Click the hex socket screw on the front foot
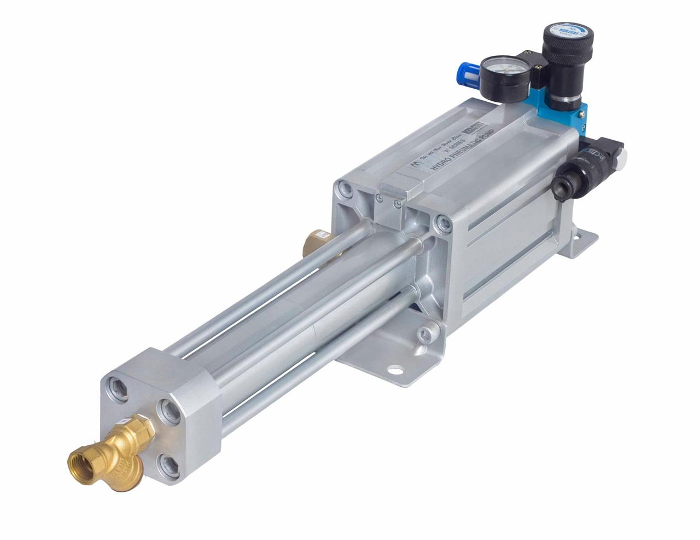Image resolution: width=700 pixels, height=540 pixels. (x=424, y=335)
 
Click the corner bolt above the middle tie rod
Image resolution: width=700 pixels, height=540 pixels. (x=441, y=222)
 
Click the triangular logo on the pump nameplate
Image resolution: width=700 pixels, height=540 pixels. (x=417, y=164)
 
